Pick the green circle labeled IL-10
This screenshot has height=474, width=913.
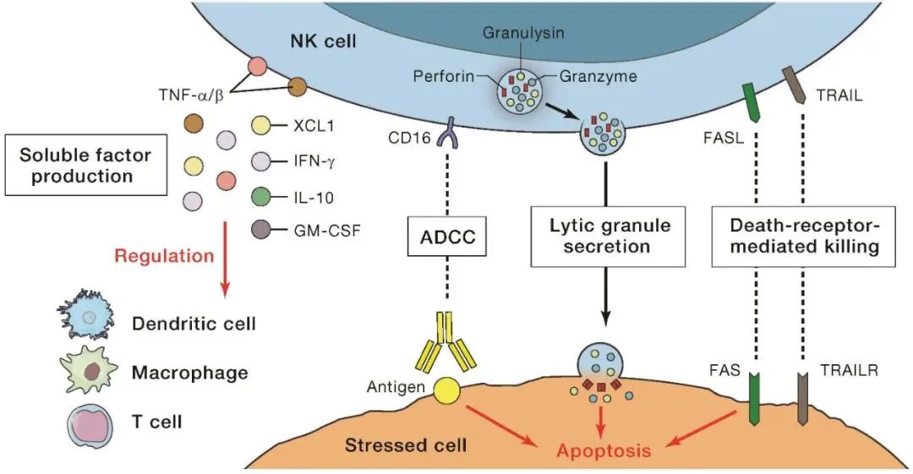(262, 199)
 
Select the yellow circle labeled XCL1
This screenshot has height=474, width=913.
(262, 128)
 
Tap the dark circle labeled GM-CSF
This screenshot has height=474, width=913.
(262, 228)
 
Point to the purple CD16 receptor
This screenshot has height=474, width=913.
(446, 133)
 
